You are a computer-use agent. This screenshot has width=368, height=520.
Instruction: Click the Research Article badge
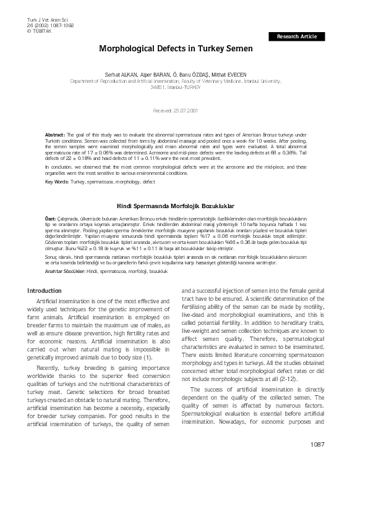(296, 37)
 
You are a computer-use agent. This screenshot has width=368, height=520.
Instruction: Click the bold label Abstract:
(56, 133)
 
